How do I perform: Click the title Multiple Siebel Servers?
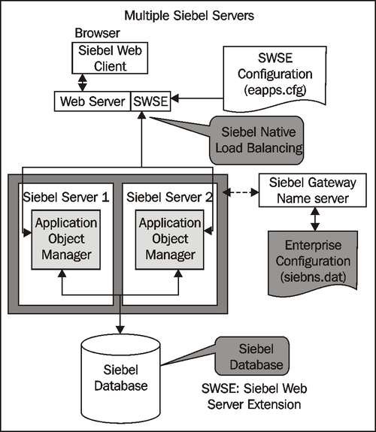point(187,14)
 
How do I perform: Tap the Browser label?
point(96,34)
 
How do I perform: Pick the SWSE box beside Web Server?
point(150,99)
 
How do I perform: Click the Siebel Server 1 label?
point(65,198)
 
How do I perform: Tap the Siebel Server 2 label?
point(169,198)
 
